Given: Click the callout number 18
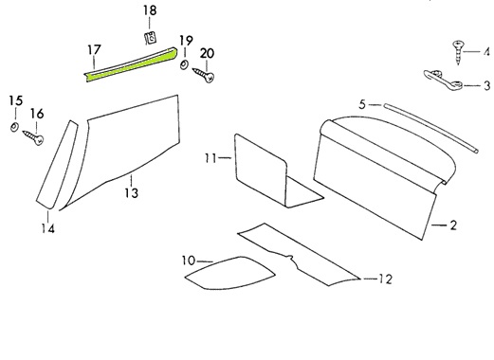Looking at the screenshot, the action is [150, 10].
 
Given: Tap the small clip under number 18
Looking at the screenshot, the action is [151, 38].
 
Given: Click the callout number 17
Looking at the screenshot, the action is [94, 50].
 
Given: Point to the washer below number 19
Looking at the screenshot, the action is [183, 65].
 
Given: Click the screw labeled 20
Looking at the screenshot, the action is [204, 75].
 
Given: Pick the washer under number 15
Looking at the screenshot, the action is [14, 127].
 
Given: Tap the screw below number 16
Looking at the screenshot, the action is [33, 137].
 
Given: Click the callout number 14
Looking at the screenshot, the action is [48, 228].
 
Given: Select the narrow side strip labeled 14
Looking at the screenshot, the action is [57, 164].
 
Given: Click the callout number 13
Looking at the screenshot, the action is [132, 192].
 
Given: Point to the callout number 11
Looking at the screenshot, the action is [210, 157].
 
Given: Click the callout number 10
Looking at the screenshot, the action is [189, 261].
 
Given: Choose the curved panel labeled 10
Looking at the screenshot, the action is [229, 273].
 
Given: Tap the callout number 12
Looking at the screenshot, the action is [385, 279].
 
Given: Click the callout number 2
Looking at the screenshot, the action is [453, 225].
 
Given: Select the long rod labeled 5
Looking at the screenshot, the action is [431, 128].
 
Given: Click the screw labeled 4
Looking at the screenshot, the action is [458, 52].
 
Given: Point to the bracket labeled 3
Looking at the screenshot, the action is [443, 79].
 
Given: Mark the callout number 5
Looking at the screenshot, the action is [362, 104].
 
